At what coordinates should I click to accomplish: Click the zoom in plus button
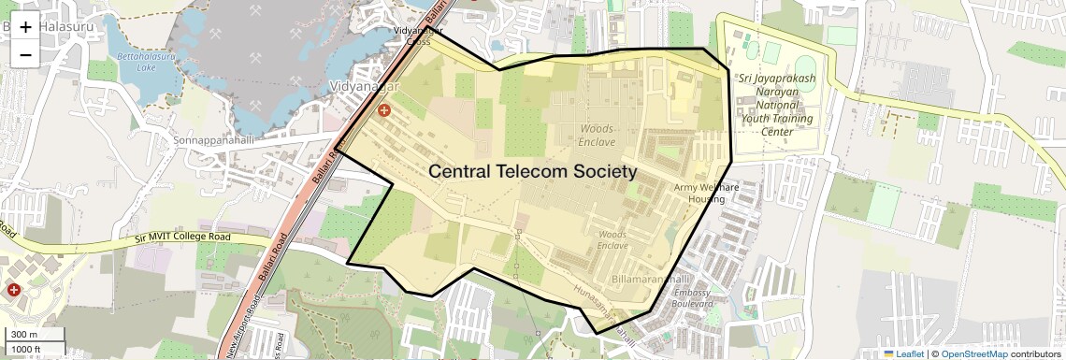tap(25, 26)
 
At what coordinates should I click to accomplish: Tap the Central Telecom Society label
tap(532, 172)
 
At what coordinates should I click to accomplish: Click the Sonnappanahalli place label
tap(213, 140)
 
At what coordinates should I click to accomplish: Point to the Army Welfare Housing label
tap(706, 194)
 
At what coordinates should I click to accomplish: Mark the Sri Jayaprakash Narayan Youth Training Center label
tap(776, 105)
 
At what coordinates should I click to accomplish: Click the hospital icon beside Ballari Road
tap(383, 111)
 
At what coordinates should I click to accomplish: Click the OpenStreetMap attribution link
tap(973, 353)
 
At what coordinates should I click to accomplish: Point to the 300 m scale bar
tap(35, 335)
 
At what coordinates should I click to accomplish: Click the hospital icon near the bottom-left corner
tap(14, 290)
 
